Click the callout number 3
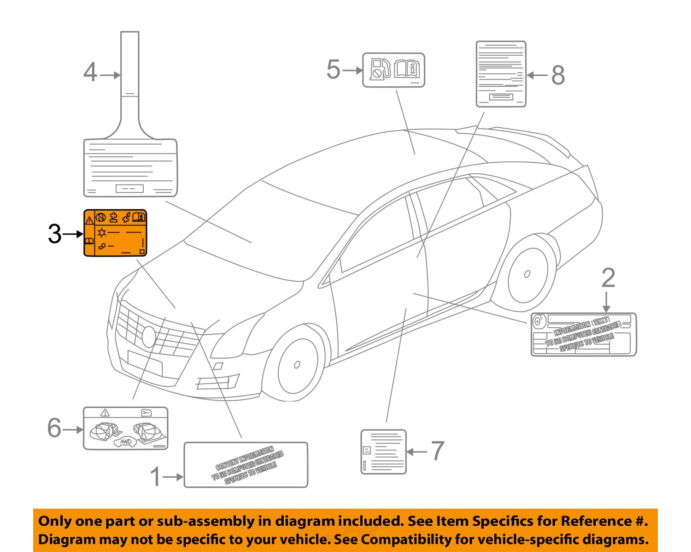click(x=54, y=234)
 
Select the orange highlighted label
click(x=115, y=233)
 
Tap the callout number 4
click(x=90, y=73)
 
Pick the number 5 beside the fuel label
click(x=333, y=70)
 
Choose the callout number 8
click(x=558, y=75)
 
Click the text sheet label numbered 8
click(x=501, y=74)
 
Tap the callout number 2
click(x=608, y=278)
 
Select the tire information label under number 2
click(x=584, y=334)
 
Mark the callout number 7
click(x=437, y=451)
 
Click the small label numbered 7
click(x=383, y=451)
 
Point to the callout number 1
click(x=156, y=476)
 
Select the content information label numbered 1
click(x=246, y=465)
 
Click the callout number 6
click(x=54, y=428)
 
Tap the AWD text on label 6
click(x=125, y=442)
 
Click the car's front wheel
click(x=297, y=364)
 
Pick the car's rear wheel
click(x=527, y=275)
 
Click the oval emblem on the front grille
click(x=148, y=337)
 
